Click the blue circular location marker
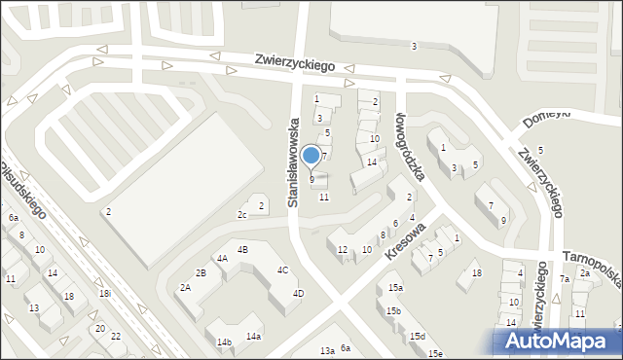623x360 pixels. click(x=311, y=156)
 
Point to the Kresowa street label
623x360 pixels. click(x=406, y=239)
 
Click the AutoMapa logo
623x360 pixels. click(x=558, y=341)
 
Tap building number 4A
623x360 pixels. click(x=222, y=258)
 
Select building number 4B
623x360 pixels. click(x=243, y=250)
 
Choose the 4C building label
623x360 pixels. click(x=282, y=270)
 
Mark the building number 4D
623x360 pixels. click(x=299, y=293)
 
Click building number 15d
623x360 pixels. click(x=417, y=336)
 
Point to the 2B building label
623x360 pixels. click(x=201, y=272)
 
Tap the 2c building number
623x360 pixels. click(x=241, y=214)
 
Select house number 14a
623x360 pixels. click(x=253, y=336)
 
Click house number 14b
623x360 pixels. click(x=224, y=342)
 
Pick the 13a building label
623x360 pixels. click(x=328, y=350)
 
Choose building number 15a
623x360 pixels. click(x=395, y=288)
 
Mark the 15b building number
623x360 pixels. click(x=392, y=310)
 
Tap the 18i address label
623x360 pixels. click(x=104, y=293)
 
